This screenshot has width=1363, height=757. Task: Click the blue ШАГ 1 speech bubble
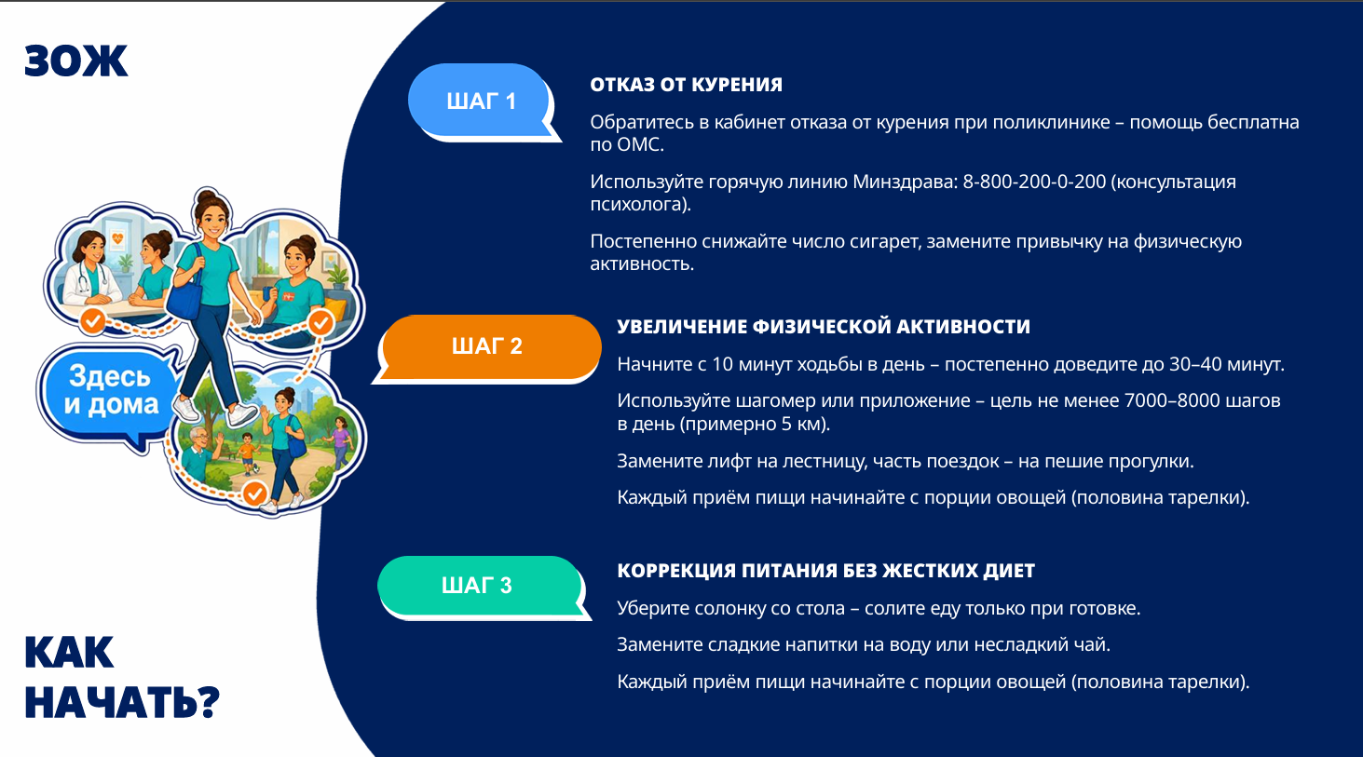pos(481,101)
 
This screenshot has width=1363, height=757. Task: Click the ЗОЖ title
pos(76,61)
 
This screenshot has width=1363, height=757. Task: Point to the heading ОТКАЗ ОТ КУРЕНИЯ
pos(686,85)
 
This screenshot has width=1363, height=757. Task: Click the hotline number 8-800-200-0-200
pos(1034,182)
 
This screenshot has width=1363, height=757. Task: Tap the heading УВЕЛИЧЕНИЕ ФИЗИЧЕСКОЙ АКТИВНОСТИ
pos(824,327)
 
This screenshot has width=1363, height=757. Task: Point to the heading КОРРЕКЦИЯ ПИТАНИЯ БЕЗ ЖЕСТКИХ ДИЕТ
pos(825,571)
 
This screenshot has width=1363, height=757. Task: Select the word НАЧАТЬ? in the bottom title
pos(122,702)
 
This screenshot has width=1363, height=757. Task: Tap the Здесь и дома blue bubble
pos(110,392)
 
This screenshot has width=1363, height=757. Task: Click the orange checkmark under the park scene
pos(254,493)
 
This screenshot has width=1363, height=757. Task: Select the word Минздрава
pos(905,182)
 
